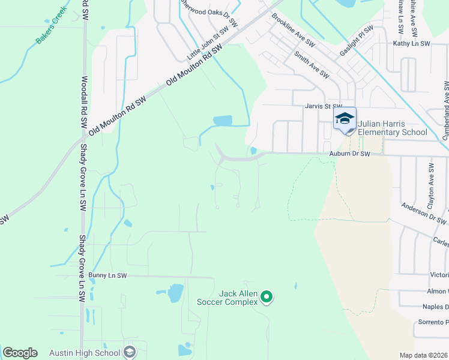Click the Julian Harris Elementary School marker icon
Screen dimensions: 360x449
coord(345,118)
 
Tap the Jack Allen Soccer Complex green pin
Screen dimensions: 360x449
coord(268,296)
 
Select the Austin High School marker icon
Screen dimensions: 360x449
coord(129,353)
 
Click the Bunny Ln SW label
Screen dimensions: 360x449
coord(107,275)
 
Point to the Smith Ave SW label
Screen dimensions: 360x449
coord(312,65)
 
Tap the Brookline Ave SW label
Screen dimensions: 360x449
coord(294,31)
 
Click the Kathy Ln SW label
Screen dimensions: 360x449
coord(411,44)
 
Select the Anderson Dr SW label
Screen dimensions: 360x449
coord(424,214)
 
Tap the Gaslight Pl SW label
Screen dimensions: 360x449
coord(357,38)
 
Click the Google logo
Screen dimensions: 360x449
coord(20,353)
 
